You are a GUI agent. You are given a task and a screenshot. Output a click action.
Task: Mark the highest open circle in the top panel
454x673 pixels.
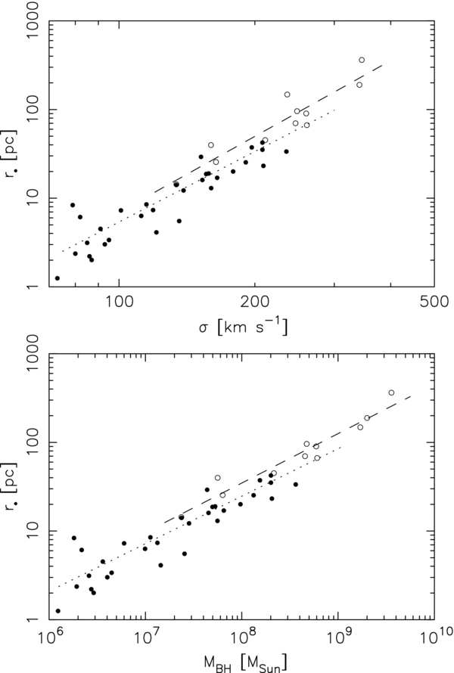[362, 60]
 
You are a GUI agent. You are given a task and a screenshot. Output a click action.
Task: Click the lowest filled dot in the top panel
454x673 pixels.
[58, 278]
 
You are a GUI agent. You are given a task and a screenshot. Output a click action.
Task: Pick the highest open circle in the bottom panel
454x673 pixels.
[391, 392]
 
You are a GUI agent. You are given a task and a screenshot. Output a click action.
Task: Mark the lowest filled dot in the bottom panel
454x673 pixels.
[58, 611]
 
